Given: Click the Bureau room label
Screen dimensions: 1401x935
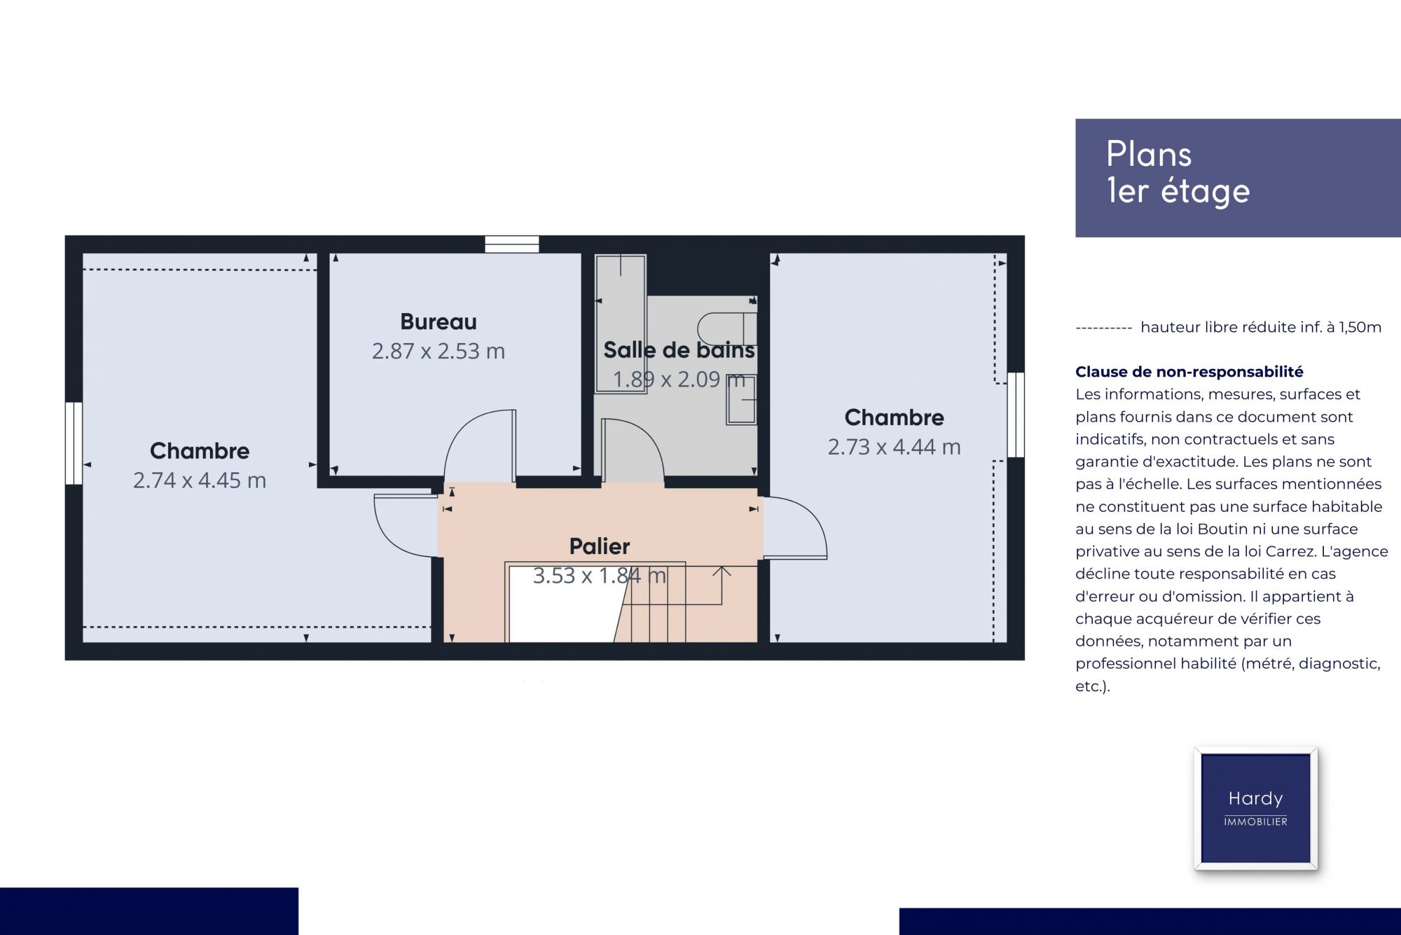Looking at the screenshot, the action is pyautogui.click(x=439, y=321).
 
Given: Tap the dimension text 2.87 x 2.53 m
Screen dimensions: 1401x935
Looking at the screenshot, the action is pyautogui.click(x=439, y=351).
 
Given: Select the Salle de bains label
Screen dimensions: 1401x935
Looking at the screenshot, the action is pyautogui.click(x=679, y=349).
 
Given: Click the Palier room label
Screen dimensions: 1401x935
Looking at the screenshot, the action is pyautogui.click(x=600, y=546).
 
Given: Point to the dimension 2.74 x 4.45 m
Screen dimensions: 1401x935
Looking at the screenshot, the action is pyautogui.click(x=200, y=480).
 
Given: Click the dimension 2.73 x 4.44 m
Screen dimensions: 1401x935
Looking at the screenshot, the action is pyautogui.click(x=895, y=447).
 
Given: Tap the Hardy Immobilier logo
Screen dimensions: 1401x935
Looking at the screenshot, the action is pyautogui.click(x=1256, y=808).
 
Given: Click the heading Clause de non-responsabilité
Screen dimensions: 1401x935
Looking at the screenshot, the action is pyautogui.click(x=1189, y=372).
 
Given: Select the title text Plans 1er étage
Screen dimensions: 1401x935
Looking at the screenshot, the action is pyautogui.click(x=1178, y=173).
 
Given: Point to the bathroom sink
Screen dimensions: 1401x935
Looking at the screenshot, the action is pyautogui.click(x=741, y=400).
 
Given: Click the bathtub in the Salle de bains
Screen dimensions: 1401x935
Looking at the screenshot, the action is pyautogui.click(x=621, y=324).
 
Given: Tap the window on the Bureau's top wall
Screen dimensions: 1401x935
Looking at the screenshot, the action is pyautogui.click(x=512, y=244).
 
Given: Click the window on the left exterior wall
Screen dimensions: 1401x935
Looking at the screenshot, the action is pyautogui.click(x=74, y=443).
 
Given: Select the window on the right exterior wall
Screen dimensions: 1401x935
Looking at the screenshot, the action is pyautogui.click(x=1016, y=415).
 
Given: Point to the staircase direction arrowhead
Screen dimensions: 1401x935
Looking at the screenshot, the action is pyautogui.click(x=722, y=572).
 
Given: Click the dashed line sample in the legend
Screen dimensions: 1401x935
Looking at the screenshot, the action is pyautogui.click(x=1103, y=328).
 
